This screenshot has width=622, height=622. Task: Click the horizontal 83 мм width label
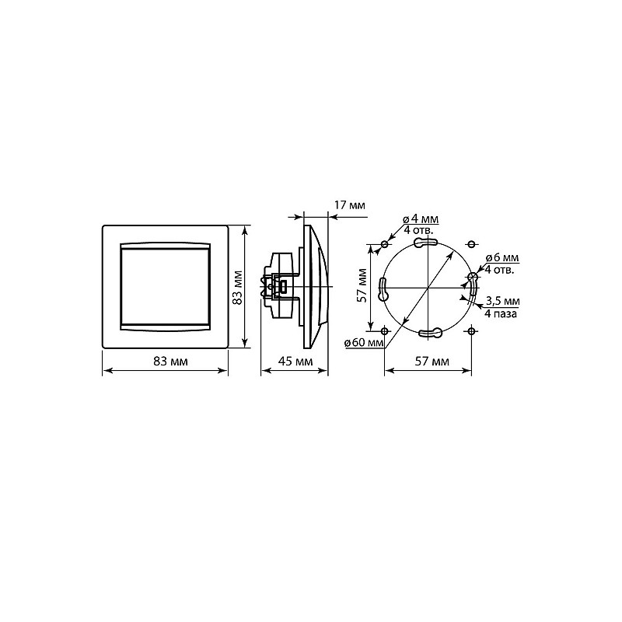[169, 362]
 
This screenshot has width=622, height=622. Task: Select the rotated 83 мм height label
[236, 288]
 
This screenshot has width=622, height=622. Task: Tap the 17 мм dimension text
[349, 205]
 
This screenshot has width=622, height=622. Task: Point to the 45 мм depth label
[295, 362]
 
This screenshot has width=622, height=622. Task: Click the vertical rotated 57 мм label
[362, 285]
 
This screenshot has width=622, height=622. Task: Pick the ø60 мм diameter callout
[364, 342]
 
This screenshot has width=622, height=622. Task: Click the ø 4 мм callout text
[421, 219]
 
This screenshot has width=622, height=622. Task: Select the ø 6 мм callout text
[500, 258]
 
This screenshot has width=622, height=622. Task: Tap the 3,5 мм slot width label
[502, 302]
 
